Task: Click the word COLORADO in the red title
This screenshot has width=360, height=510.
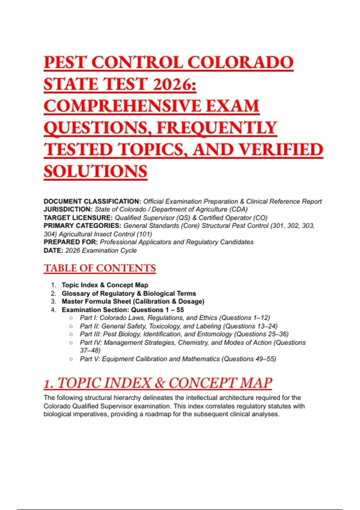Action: click(240, 62)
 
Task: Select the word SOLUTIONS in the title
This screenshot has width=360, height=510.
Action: click(95, 171)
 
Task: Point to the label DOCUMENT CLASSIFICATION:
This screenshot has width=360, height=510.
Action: click(92, 201)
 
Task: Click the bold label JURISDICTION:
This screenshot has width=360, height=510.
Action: click(68, 209)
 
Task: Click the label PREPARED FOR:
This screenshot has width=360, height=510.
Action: click(71, 242)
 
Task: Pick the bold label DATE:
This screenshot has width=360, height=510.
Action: click(53, 250)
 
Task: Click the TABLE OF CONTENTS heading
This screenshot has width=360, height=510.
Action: click(100, 268)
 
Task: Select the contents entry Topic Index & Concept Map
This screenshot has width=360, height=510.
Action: click(105, 285)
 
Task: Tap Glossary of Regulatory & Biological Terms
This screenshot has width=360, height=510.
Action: click(129, 293)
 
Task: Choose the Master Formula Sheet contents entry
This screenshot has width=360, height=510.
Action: click(133, 301)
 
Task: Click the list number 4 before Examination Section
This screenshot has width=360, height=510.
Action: click(53, 310)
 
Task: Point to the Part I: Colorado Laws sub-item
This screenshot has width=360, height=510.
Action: click(175, 318)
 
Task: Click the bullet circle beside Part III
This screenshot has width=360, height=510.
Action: click(71, 334)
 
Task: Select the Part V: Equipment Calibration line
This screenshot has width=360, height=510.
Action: click(178, 359)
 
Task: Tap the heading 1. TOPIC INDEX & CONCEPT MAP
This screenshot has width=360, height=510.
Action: click(158, 383)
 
